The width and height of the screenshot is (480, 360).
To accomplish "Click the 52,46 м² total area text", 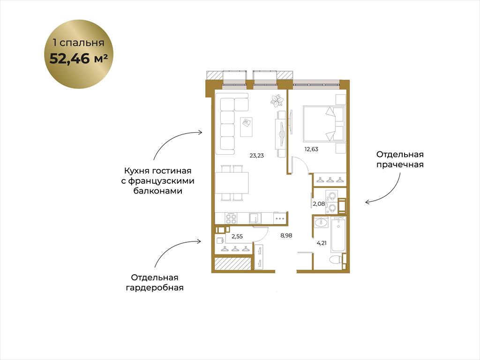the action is coord(78,58).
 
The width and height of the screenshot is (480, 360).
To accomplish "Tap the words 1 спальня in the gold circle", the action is coord(78,43).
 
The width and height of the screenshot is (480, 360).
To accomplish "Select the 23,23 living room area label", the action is coord(256,156).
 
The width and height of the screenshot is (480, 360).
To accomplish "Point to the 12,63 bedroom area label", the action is coord(311,150).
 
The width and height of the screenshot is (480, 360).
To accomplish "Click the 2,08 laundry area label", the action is coord(319,203).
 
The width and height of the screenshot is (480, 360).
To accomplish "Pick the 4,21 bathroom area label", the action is coord(322,243).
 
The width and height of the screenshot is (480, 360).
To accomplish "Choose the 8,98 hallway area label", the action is coord(286,235).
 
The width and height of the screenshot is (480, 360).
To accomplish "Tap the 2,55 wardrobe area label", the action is coord(237,236).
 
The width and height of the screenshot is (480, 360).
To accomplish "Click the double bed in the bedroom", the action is coord(324,124).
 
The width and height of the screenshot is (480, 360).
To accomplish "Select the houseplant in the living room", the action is coord(277,100).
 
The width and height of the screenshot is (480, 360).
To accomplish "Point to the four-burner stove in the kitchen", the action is coord(231,218).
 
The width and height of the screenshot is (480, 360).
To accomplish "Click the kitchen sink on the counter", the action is coord(255,218).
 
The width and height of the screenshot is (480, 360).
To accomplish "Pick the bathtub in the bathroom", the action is coord(338,235).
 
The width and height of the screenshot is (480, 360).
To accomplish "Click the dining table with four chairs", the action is coord(232,183).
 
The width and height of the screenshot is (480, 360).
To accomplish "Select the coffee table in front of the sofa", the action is coord(246,127).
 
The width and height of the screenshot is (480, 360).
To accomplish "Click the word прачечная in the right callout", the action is coord(400,165).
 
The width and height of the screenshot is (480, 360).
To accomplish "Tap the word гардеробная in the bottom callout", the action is coord(155,288).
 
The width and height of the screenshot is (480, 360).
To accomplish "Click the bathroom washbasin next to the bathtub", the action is coord(321,222).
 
